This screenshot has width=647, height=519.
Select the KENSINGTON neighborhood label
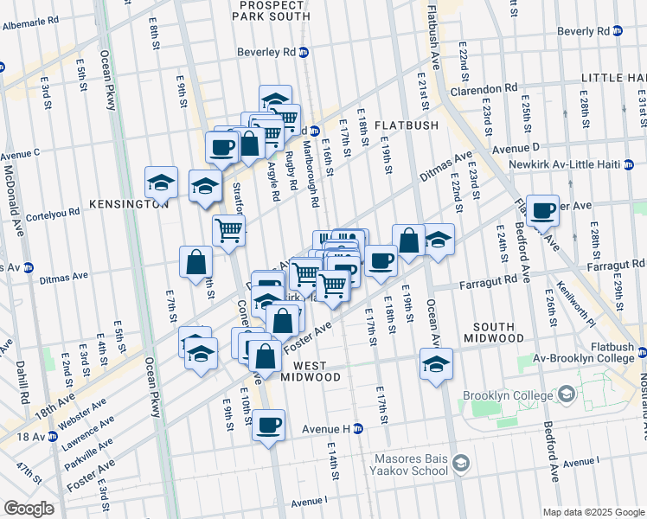(x=129, y=204)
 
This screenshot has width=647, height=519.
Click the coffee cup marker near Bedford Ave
(x=542, y=209)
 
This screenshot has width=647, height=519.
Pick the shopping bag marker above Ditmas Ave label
(x=196, y=261)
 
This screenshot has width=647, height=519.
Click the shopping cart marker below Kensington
(x=228, y=231)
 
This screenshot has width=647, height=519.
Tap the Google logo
(x=29, y=508)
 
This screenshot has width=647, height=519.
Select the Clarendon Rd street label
(x=483, y=88)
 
